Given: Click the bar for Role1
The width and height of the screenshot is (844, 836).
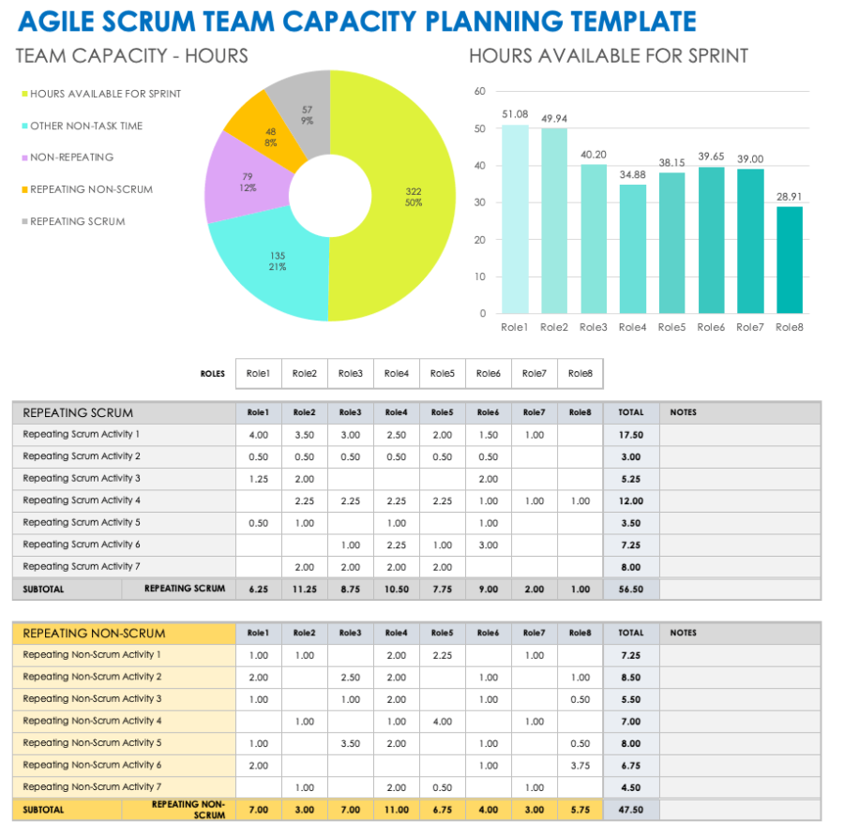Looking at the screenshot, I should coord(515,219).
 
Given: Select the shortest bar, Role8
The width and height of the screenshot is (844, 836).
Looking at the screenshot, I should coord(790,260).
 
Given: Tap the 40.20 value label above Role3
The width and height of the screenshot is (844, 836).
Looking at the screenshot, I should coord(594,155).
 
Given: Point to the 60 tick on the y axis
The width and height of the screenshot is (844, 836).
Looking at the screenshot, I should coord(480,92).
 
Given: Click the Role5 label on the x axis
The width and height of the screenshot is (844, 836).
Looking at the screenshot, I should coord(671,327).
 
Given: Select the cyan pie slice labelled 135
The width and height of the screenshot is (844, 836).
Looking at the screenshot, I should coord(272,267).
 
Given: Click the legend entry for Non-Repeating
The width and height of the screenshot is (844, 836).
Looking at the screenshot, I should coord(71,157).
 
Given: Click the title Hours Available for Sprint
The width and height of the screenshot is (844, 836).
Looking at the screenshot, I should coord(609,56).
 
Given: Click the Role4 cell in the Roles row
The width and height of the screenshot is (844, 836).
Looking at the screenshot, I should coord(396,373).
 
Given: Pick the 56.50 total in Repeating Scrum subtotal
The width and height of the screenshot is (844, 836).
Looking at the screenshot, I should coord(630,590).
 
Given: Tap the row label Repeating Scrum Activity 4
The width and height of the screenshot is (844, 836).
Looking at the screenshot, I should coord(82,500).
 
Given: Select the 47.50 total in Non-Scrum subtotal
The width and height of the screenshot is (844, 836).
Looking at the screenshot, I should coord(630,809).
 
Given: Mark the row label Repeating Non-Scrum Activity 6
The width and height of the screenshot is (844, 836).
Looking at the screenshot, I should coord(92,765).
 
